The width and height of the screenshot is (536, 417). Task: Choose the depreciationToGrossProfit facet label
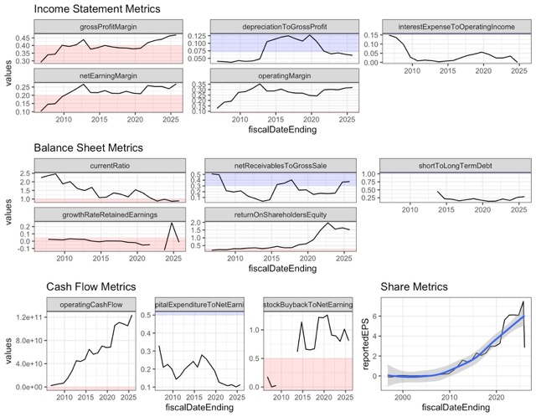pos(279,26)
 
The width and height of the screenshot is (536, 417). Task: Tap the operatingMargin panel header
pos(279,75)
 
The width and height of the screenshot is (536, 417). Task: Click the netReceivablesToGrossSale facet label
pos(279,165)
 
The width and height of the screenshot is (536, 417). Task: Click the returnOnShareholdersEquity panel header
pos(279,214)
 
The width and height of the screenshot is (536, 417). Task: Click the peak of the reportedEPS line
pos(523,301)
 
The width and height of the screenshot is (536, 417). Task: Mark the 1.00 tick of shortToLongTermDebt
pos(363,174)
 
